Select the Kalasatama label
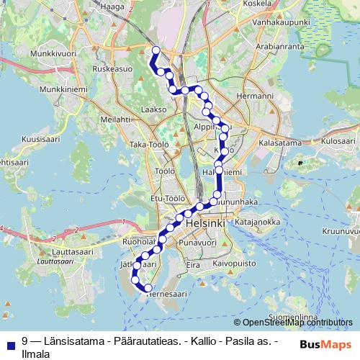point(279,143)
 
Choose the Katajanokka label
point(256,222)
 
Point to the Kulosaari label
point(338,142)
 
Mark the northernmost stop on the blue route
point(155,50)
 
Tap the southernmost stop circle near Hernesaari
point(148,288)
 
